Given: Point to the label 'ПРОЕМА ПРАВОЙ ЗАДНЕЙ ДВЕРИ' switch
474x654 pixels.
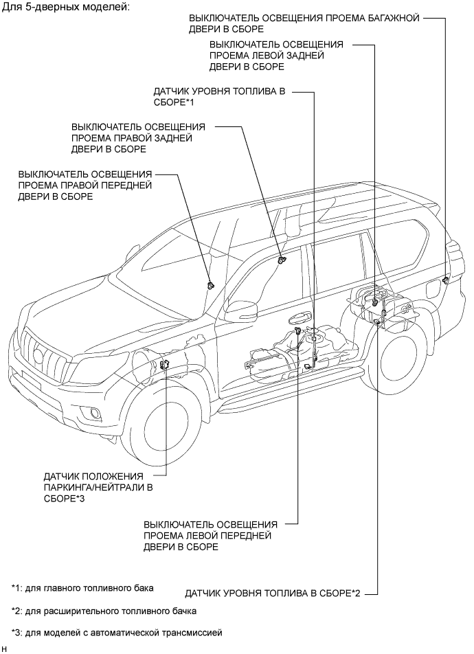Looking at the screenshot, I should tap(138, 137).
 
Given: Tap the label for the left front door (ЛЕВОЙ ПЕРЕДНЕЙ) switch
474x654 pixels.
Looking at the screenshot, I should tap(210, 535).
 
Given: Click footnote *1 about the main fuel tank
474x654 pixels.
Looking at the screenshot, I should tap(82, 588).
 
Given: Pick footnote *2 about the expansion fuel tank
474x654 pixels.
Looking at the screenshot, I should tap(104, 610).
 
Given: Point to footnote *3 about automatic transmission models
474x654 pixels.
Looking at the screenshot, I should tap(117, 632).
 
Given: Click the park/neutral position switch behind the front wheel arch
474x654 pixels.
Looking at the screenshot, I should tap(165, 366).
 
